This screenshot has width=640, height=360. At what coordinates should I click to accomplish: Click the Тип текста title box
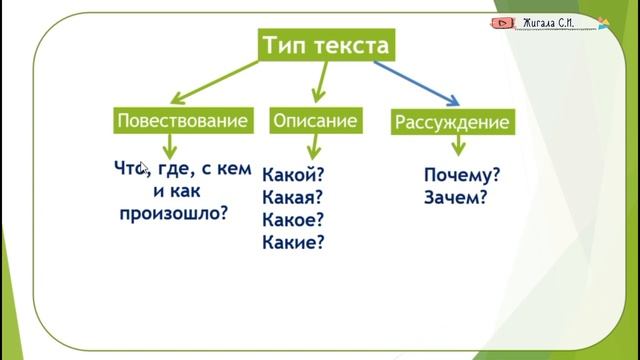click(x=323, y=46)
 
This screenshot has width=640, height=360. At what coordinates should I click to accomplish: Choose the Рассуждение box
click(x=452, y=123)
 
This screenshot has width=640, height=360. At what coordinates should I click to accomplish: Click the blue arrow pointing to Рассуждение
click(x=417, y=83)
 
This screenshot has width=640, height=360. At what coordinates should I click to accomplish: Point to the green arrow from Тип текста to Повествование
click(x=214, y=82)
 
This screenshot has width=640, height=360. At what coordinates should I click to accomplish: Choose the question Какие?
click(x=293, y=242)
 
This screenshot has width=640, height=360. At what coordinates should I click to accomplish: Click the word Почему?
click(x=462, y=175)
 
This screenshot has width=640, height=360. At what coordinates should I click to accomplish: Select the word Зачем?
click(x=455, y=197)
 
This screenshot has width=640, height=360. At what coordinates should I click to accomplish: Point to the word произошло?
click(x=173, y=212)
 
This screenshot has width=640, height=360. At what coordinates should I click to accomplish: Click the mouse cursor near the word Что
click(x=143, y=169)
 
